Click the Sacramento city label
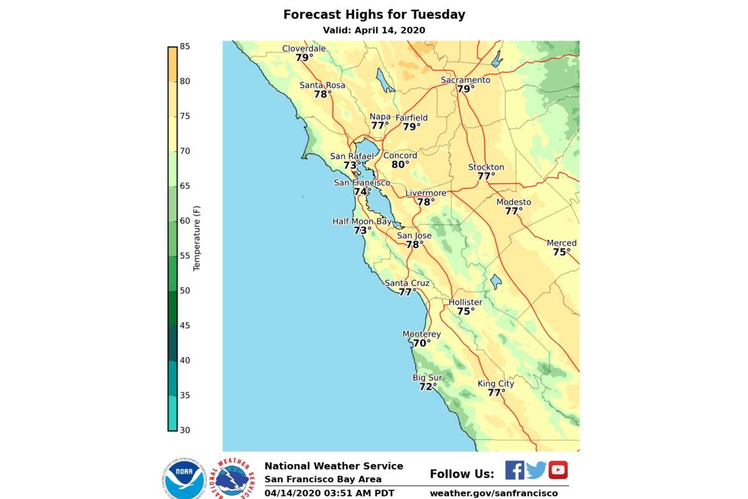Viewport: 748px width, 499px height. click(x=465, y=80)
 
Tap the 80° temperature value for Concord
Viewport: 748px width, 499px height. click(x=400, y=165)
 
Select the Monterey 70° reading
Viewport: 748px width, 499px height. click(x=421, y=344)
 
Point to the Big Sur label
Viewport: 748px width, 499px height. click(x=427, y=378)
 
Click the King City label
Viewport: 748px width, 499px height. click(x=496, y=384)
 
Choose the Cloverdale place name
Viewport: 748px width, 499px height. click(x=304, y=49)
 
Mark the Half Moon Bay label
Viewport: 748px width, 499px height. click(x=362, y=221)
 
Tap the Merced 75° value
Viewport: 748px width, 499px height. click(x=561, y=253)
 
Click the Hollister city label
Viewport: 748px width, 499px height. click(x=466, y=303)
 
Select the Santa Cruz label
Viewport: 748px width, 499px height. click(x=407, y=283)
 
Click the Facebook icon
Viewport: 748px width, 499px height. click(x=514, y=470)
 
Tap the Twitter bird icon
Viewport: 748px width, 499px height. click(x=536, y=470)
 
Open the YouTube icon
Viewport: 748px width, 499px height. click(x=558, y=470)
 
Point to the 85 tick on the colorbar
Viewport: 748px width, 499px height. click(x=185, y=46)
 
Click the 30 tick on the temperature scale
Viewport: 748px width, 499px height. click(x=185, y=430)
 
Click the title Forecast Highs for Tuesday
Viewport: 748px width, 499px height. click(x=374, y=14)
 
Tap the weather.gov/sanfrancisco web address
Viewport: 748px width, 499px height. click(x=494, y=493)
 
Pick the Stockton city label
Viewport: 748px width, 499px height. click(x=486, y=167)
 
